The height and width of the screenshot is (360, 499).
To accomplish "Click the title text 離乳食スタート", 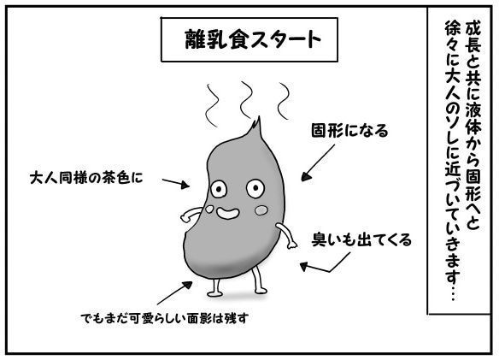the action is pyautogui.click(x=253, y=39).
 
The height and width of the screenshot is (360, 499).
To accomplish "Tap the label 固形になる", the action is pyautogui.click(x=349, y=131).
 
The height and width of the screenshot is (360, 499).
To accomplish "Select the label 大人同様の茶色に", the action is pyautogui.click(x=86, y=178).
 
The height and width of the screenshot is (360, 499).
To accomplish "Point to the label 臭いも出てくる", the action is pyautogui.click(x=361, y=240).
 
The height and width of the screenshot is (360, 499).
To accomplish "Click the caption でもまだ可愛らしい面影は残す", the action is pyautogui.click(x=164, y=318).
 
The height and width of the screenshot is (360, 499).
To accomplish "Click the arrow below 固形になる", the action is pyautogui.click(x=318, y=162).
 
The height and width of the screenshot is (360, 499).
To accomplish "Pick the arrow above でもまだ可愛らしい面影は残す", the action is pyautogui.click(x=174, y=293).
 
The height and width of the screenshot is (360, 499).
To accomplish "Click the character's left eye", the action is pyautogui.click(x=219, y=190).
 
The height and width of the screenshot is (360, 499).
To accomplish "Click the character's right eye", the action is pyautogui.click(x=255, y=188).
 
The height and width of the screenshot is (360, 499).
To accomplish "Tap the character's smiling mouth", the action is pyautogui.click(x=228, y=213).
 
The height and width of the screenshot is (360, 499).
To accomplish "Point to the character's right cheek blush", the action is pyautogui.click(x=261, y=210).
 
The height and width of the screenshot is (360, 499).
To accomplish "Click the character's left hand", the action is pyautogui.click(x=185, y=218).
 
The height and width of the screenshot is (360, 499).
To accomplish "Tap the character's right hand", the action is pyautogui.click(x=292, y=244).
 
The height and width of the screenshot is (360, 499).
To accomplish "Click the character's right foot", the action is pyautogui.click(x=261, y=290).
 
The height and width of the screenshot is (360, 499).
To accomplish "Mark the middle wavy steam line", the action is pyautogui.click(x=246, y=100).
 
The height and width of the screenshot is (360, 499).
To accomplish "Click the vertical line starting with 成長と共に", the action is pyautogui.click(x=473, y=125).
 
